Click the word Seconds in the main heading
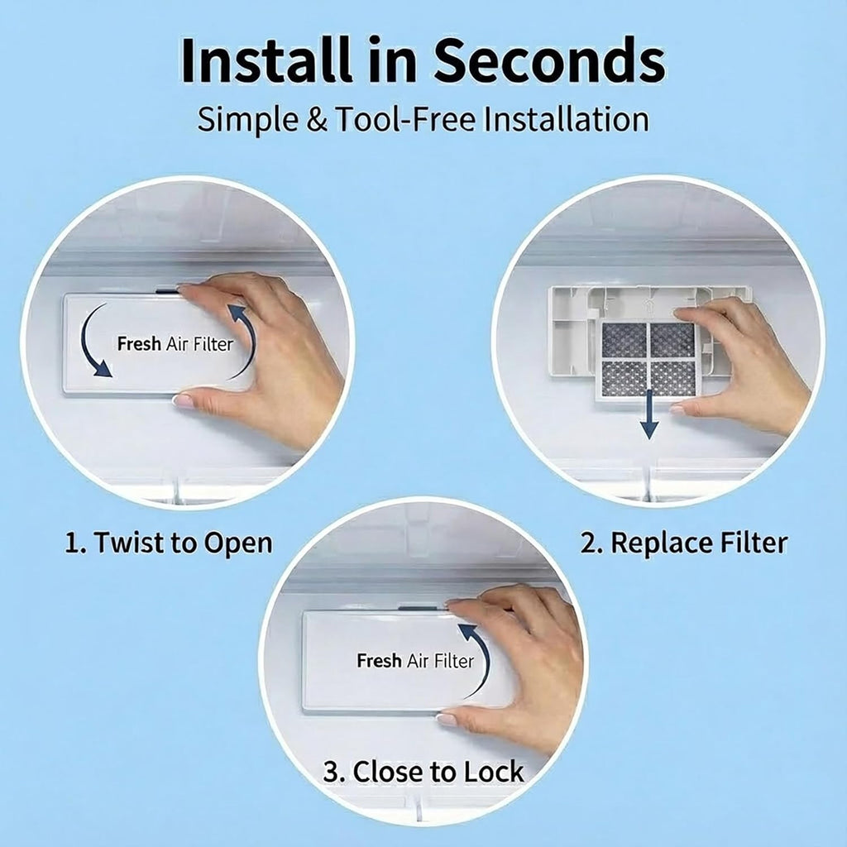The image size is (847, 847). (549, 60)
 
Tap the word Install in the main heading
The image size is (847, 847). (266, 60)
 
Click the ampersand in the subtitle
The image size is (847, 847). (317, 120)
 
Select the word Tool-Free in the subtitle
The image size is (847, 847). (405, 119)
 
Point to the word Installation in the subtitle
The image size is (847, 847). (566, 119)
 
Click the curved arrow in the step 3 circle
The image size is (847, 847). (479, 660)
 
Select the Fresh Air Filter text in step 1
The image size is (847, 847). (175, 343)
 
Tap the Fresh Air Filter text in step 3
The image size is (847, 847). (415, 661)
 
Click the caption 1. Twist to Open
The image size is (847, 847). (169, 543)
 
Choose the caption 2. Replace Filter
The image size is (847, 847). (684, 543)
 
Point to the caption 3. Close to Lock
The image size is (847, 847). (423, 772)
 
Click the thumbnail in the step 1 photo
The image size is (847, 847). (183, 400)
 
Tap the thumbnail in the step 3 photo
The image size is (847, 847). (446, 719)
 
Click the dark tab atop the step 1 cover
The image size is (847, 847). (167, 290)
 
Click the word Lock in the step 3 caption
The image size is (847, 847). (494, 772)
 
